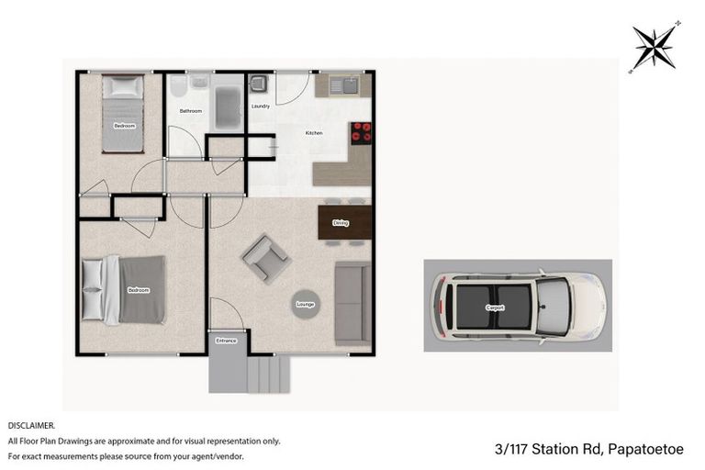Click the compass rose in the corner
(x=654, y=46)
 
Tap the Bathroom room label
(x=191, y=111)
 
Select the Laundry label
(x=260, y=106)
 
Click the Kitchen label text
(x=314, y=134)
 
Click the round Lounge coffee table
(x=306, y=303)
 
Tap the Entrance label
(x=226, y=341)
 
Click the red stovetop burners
(x=361, y=133)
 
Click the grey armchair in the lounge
(x=266, y=258)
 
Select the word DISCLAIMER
(x=31, y=426)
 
